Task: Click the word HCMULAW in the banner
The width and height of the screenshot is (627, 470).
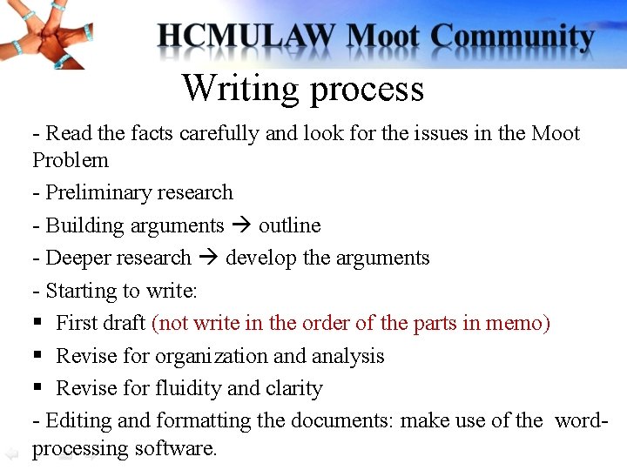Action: pos(246,37)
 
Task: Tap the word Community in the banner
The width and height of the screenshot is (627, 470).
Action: pos(513,37)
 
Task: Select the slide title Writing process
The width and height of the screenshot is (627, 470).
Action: pos(303,88)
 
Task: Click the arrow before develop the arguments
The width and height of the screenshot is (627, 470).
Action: pos(208,258)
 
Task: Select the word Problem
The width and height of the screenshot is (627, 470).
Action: pos(71,160)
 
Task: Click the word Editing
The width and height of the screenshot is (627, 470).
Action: pos(78,421)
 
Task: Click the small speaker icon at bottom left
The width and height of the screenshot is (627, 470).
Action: pos(10,453)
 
